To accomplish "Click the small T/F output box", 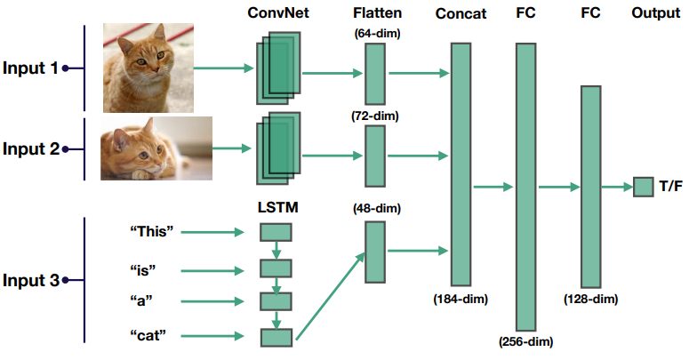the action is click(x=643, y=187).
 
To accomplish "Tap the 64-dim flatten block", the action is click(x=375, y=74).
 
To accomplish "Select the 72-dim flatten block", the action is click(x=375, y=156).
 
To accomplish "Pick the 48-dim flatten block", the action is click(x=375, y=252).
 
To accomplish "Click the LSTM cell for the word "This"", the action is click(x=276, y=232).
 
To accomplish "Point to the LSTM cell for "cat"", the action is click(x=276, y=338).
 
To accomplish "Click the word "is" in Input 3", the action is click(x=143, y=270).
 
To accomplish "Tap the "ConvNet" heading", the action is click(x=278, y=12).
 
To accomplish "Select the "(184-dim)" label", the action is click(x=461, y=300).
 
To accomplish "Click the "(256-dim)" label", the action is click(x=525, y=341).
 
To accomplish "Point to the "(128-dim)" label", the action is click(x=590, y=300).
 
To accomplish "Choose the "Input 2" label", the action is click(x=31, y=149).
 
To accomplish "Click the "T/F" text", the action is click(x=671, y=187).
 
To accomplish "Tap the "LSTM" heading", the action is click(x=277, y=207).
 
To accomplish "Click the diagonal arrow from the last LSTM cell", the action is click(x=331, y=296).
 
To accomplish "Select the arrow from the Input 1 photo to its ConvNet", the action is click(x=224, y=68).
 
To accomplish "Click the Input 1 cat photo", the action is click(x=148, y=68).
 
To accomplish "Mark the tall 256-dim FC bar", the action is click(x=526, y=187).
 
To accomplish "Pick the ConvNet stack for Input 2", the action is click(x=278, y=148).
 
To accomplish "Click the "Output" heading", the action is click(x=655, y=12).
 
